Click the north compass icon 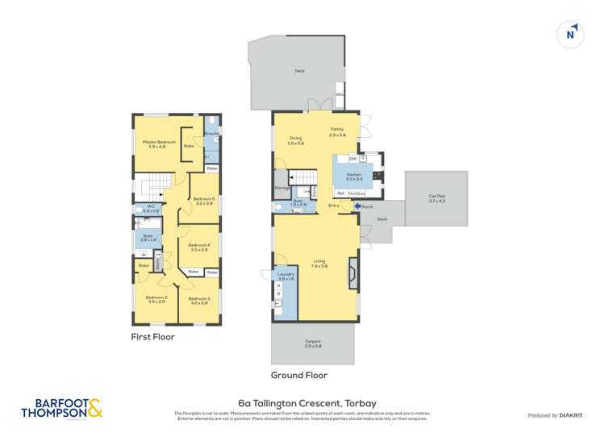pos(570,34)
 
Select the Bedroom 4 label pos(198,247)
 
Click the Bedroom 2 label pos(156,298)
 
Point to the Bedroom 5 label pos(202,199)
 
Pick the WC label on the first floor pos(150,207)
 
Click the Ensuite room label pos(211,133)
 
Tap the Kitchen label pos(353,175)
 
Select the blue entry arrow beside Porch pos(357,206)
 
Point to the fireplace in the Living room pos(351,273)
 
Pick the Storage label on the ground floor pos(282,188)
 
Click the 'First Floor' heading pos(153,337)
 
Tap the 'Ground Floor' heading pos(299,375)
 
